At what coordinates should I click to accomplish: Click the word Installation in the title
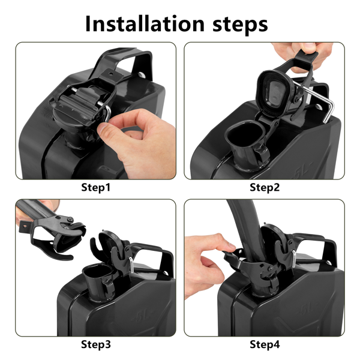coord(145,24)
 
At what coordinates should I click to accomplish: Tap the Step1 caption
coord(96,188)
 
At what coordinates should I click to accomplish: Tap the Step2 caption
coord(265,188)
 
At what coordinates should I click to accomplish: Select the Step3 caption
coord(96,344)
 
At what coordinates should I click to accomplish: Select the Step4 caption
coord(265,344)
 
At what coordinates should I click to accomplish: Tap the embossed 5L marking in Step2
coord(303,169)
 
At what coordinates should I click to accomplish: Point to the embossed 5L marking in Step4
coord(307,311)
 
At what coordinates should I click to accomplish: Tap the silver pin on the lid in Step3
coord(131,265)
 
